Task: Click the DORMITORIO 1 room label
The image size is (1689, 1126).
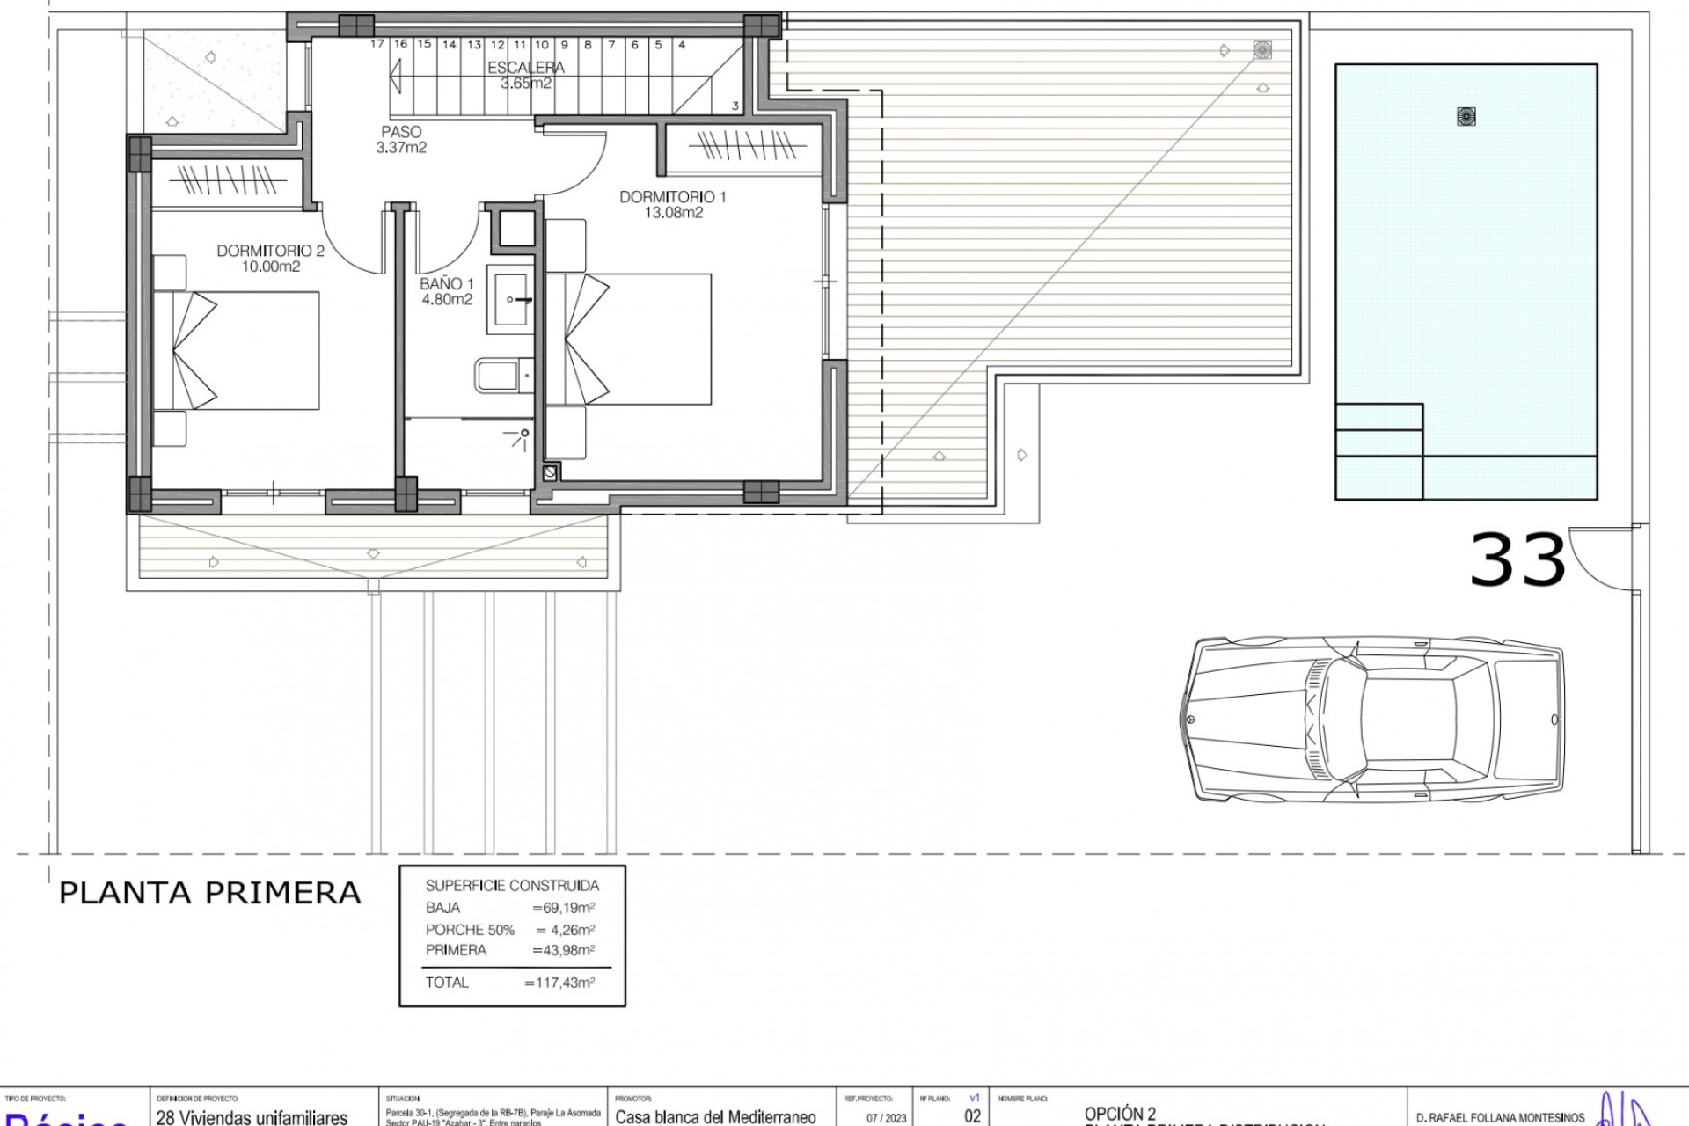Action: tap(673, 197)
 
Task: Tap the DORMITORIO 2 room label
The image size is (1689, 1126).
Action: tap(270, 252)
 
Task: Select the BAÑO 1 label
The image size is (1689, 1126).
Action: tap(446, 284)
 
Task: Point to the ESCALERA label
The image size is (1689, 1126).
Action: tap(526, 68)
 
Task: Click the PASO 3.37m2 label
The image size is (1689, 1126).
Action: tap(401, 140)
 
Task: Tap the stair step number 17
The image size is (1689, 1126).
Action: tap(377, 44)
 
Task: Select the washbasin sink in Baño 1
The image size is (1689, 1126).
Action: tap(511, 301)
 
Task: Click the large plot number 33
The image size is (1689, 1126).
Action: tap(1517, 560)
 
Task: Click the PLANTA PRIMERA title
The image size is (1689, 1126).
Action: tap(209, 893)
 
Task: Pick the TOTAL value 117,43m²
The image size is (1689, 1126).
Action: tap(559, 983)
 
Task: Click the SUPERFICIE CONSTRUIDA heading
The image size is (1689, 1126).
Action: tap(512, 886)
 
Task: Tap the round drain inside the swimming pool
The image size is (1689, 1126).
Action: tap(1466, 115)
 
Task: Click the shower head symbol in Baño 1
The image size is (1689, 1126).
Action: tap(524, 433)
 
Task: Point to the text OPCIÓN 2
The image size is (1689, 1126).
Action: tap(1120, 1115)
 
